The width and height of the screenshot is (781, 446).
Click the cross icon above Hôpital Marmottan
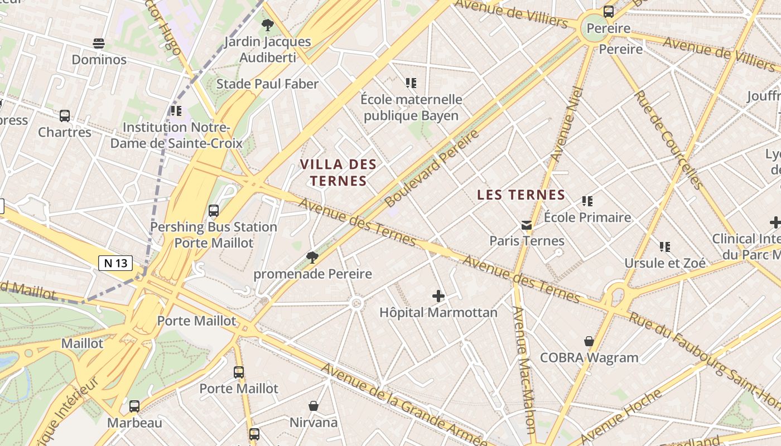pos(438,296)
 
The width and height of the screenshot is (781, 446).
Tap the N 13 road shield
pos(115,263)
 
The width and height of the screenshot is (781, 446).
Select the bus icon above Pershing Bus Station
pos(214,211)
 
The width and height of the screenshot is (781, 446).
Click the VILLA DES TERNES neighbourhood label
pos(339,172)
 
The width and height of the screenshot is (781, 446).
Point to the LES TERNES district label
pos(522,195)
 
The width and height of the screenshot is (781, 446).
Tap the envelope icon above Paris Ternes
pos(527,225)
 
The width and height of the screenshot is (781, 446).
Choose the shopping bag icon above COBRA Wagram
pos(589,341)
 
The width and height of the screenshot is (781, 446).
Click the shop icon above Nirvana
pos(314,406)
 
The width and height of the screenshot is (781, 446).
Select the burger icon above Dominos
pos(99,43)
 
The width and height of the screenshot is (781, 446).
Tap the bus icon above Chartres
pos(65,116)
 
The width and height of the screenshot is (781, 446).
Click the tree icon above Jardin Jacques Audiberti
pos(268,25)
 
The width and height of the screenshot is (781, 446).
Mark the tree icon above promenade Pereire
pos(312,257)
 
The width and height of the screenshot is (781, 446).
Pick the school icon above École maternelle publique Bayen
pos(411,84)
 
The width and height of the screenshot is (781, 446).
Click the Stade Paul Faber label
pos(267,84)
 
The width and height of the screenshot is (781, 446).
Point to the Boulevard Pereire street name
pos(432,168)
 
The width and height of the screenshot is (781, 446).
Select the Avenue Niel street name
pos(566,125)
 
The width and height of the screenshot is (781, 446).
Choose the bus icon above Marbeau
pos(134,406)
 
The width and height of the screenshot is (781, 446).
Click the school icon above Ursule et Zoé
pos(664,246)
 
